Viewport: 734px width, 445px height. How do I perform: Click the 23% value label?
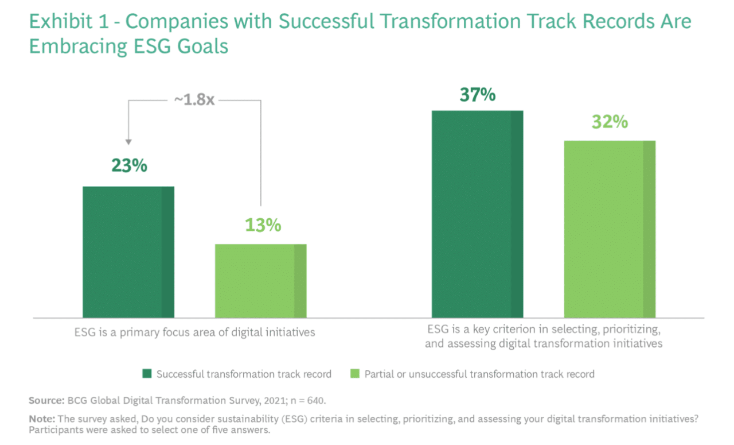pyautogui.click(x=128, y=166)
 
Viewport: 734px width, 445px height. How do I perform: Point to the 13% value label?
pyautogui.click(x=263, y=225)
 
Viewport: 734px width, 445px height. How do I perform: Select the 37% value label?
pyautogui.click(x=477, y=94)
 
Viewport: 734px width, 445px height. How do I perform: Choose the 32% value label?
pyautogui.click(x=610, y=122)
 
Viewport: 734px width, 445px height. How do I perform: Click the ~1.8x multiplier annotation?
pyautogui.click(x=195, y=99)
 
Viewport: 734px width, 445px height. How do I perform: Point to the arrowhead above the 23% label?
pyautogui.click(x=128, y=141)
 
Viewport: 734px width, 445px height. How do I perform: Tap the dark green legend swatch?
pyautogui.click(x=147, y=374)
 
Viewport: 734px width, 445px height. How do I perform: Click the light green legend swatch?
pyautogui.click(x=354, y=374)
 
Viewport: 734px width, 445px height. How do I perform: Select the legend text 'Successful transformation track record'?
pyautogui.click(x=244, y=374)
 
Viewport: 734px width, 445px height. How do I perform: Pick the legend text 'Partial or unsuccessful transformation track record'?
pyautogui.click(x=479, y=374)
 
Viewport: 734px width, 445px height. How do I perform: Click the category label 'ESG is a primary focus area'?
pyautogui.click(x=194, y=332)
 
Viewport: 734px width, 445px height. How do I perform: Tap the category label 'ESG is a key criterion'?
pyautogui.click(x=544, y=337)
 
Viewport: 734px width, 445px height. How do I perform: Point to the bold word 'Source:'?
pyautogui.click(x=46, y=400)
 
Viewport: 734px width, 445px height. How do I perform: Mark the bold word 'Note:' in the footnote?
pyautogui.click(x=41, y=419)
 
